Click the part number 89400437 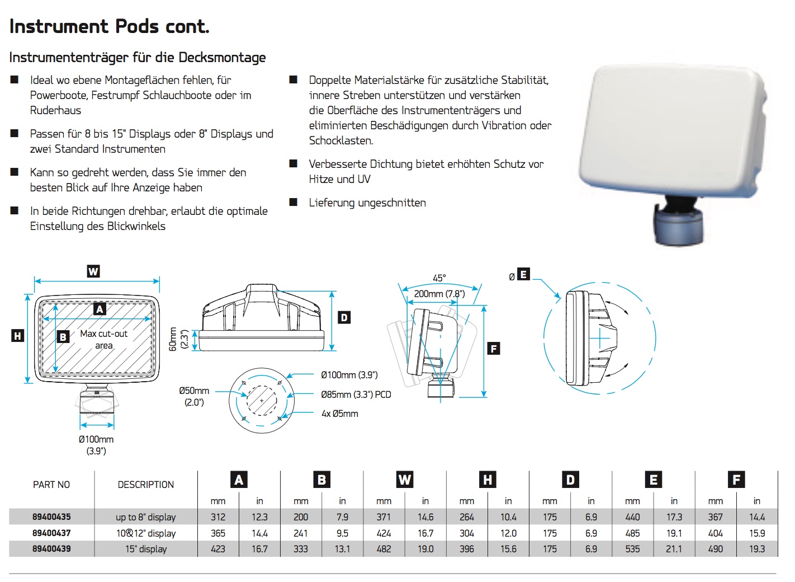(x=51, y=533)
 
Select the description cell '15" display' (x=146, y=549)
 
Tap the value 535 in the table (x=632, y=549)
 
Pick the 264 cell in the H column (x=467, y=517)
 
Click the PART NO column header (x=51, y=485)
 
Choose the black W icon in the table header (x=405, y=480)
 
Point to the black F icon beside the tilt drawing (x=493, y=348)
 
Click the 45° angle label (x=439, y=278)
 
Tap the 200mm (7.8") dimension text (x=439, y=294)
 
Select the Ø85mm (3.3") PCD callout (x=356, y=395)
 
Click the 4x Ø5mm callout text (x=340, y=414)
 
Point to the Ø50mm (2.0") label (x=194, y=397)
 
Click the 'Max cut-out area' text (x=103, y=339)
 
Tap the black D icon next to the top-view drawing (x=344, y=317)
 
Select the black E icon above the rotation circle (x=523, y=274)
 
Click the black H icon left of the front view (x=18, y=335)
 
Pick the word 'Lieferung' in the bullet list (x=332, y=203)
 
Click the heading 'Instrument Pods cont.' (x=110, y=27)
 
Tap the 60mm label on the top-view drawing (x=173, y=339)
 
